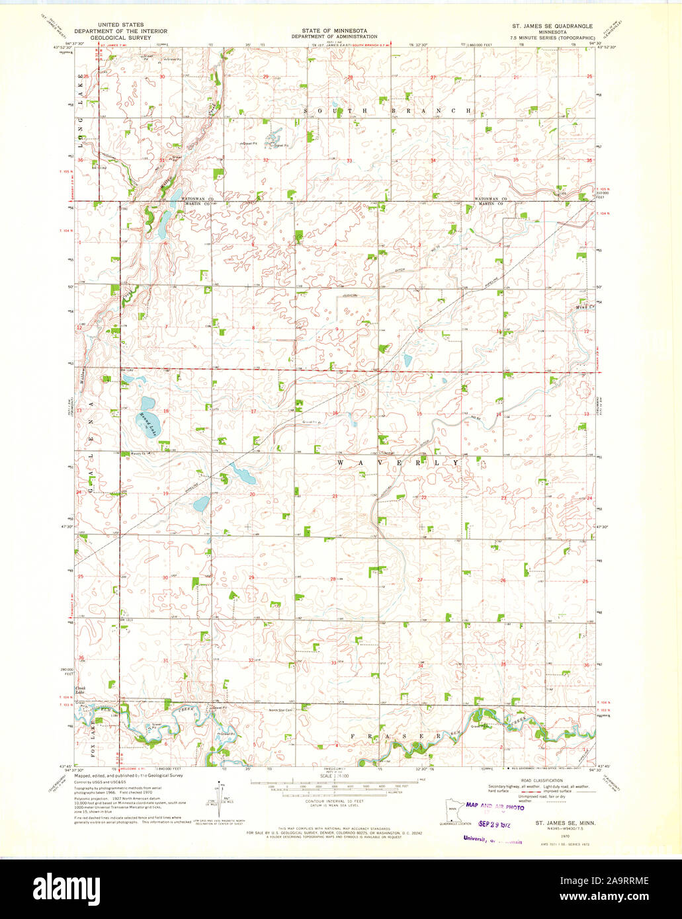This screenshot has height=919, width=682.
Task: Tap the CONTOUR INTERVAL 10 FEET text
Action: coord(337,800)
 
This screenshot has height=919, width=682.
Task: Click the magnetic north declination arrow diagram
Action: coord(219,797)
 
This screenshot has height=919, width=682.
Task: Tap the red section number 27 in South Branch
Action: coord(433,77)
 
